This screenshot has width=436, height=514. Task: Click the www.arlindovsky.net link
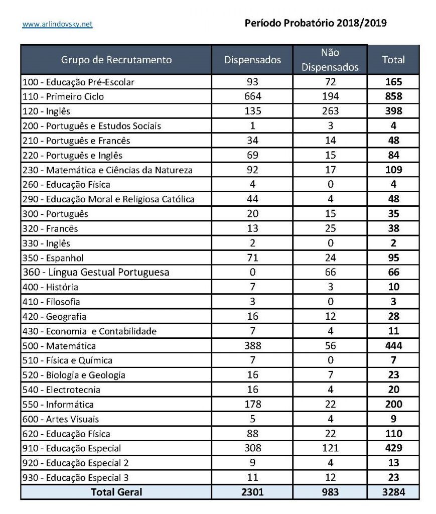click(57, 24)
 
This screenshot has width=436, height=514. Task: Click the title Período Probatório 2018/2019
click(316, 23)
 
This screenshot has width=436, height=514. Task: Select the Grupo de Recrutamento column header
click(116, 60)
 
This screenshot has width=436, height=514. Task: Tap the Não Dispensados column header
click(330, 60)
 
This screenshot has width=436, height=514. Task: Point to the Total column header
click(393, 60)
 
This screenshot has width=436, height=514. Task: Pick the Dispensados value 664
click(252, 96)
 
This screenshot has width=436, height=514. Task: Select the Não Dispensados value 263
click(330, 111)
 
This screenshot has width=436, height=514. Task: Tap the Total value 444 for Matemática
click(393, 346)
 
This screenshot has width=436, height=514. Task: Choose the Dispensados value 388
click(252, 346)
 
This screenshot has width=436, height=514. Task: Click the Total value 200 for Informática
click(393, 405)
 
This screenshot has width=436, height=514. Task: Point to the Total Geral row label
click(116, 492)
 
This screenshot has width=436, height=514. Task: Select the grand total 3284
click(393, 492)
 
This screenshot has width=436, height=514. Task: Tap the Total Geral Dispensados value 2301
click(252, 492)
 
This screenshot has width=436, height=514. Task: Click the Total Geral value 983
click(330, 492)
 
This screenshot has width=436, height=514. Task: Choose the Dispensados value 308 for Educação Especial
click(252, 448)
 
